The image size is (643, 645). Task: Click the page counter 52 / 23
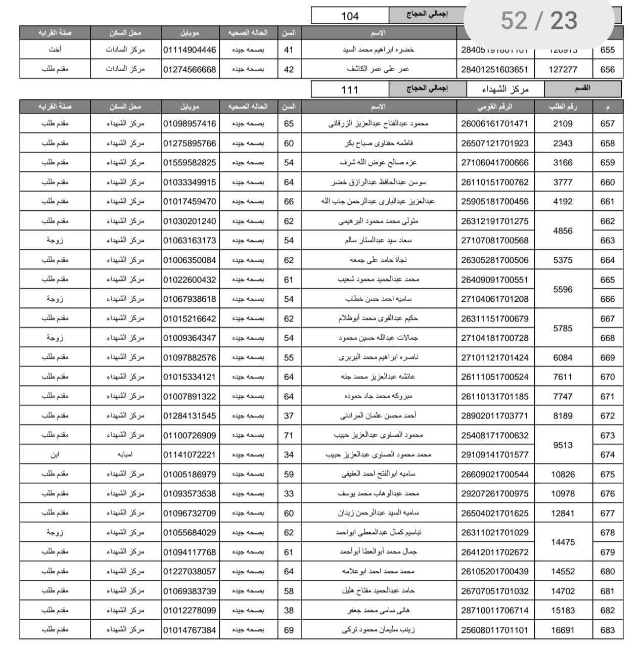pos(538,21)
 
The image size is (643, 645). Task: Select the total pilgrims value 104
pos(350,16)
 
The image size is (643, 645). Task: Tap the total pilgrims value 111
pos(350,89)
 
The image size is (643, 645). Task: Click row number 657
pos(607,124)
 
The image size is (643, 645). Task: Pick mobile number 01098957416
pos(190,124)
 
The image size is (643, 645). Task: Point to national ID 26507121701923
pos(494,144)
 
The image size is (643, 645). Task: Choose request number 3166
pos(563,163)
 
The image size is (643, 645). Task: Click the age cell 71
pos(289,435)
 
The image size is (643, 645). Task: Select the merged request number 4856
pos(563,231)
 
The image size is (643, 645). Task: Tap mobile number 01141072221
pos(190,455)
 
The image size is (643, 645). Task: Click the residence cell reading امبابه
pos(125,455)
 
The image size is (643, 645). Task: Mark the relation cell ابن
pos(55,455)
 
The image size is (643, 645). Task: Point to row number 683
pos(607,630)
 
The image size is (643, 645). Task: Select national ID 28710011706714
pos(494,611)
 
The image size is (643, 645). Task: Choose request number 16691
pos(563,630)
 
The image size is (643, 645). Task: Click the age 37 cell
pos(289,416)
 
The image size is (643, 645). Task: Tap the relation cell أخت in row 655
pos(55,50)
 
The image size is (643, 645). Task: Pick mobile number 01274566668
pos(190,70)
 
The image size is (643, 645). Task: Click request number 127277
pos(563,70)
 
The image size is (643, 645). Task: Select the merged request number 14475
pos(563,542)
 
